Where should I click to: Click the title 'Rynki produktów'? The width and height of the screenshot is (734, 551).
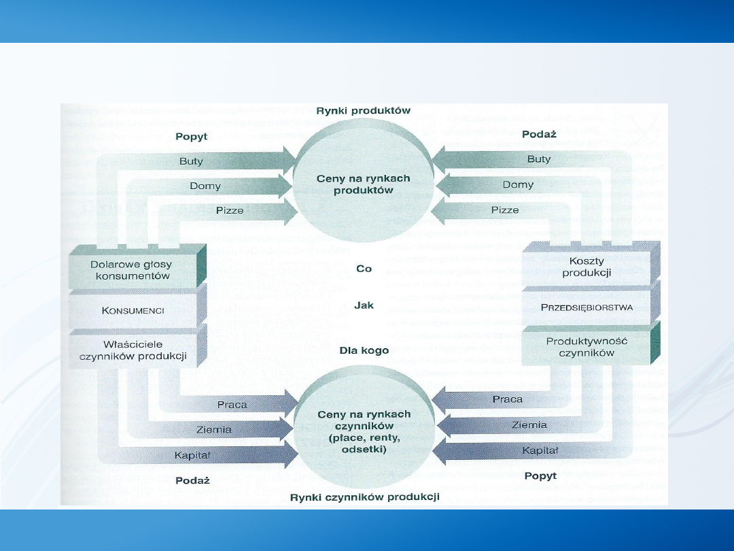click(364, 110)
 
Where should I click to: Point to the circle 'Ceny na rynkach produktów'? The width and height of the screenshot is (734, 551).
click(364, 184)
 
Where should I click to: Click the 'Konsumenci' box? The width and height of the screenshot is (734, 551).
click(133, 310)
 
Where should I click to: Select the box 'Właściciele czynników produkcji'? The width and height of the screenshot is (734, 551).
click(133, 350)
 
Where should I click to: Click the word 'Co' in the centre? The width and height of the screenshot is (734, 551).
click(364, 269)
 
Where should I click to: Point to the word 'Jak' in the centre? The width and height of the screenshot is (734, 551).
click(364, 305)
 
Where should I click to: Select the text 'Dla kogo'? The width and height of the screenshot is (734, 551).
click(364, 350)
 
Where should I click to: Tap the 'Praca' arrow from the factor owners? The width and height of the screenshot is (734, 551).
click(232, 404)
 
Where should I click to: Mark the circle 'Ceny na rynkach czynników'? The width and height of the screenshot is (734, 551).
click(364, 431)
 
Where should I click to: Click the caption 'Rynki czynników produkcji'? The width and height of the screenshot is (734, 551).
click(364, 497)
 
